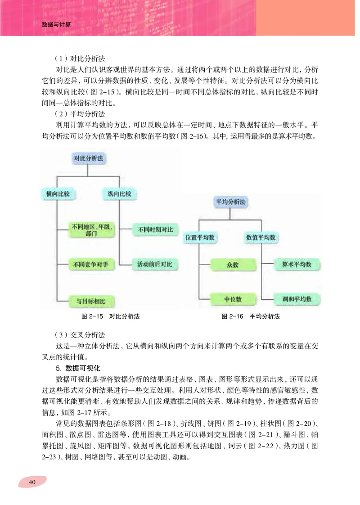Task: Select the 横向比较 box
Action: click(x=58, y=194)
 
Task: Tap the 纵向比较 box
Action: click(x=119, y=194)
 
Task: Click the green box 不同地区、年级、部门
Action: click(x=92, y=231)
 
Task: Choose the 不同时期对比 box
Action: click(x=155, y=230)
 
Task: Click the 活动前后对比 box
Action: click(x=155, y=264)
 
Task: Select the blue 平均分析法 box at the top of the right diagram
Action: click(x=231, y=202)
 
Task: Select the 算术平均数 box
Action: click(x=297, y=265)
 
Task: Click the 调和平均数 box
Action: click(x=297, y=299)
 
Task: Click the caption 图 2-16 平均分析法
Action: click(x=251, y=316)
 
